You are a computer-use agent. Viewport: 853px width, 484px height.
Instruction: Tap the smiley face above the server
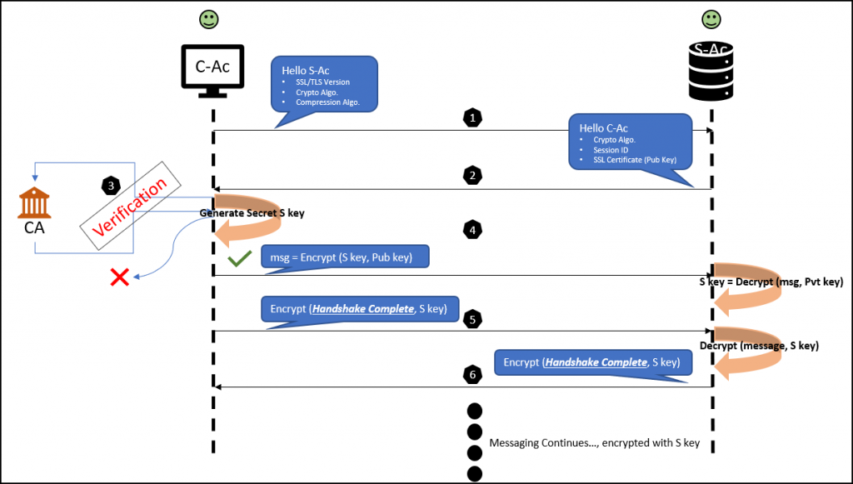[x=711, y=18]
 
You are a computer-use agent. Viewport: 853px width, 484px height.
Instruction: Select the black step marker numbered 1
[x=473, y=118]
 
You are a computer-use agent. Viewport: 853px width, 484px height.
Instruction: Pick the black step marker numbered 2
[x=473, y=176]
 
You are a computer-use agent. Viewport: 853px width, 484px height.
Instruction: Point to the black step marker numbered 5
[x=473, y=318]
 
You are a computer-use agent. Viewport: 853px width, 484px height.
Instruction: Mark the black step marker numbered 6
[x=473, y=374]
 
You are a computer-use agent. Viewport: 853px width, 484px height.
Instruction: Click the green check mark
[x=239, y=260]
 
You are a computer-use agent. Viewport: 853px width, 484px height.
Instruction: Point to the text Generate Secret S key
[x=252, y=213]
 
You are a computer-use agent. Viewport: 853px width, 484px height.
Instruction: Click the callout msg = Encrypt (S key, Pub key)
[x=346, y=257]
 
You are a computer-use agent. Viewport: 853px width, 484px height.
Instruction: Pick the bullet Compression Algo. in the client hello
[x=327, y=102]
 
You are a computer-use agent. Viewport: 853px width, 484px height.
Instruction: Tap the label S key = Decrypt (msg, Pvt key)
[x=771, y=282]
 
